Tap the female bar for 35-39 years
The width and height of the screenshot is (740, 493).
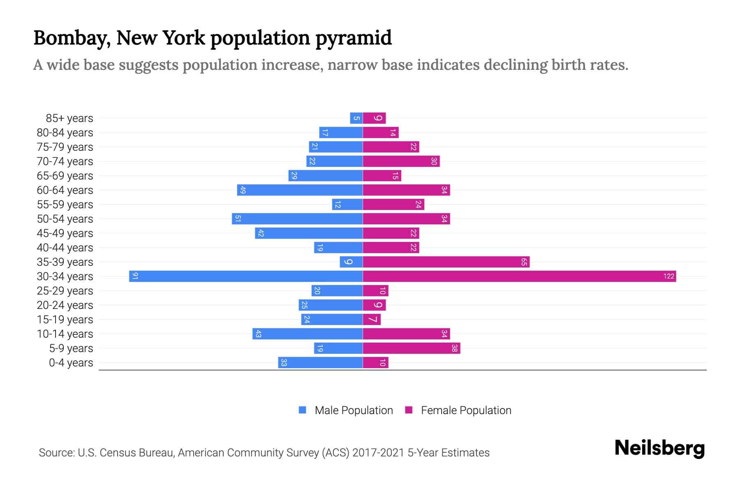pyautogui.click(x=446, y=262)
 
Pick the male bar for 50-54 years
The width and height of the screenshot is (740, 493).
pyautogui.click(x=297, y=219)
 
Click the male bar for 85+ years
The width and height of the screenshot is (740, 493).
pyautogui.click(x=356, y=118)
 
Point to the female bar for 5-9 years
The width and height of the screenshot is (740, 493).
pyautogui.click(x=411, y=348)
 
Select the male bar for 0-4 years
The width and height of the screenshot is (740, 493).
pyautogui.click(x=320, y=362)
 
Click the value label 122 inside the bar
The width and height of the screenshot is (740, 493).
pyautogui.click(x=669, y=276)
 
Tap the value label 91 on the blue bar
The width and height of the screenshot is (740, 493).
pyautogui.click(x=135, y=276)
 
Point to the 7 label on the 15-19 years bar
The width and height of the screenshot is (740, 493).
pyautogui.click(x=373, y=319)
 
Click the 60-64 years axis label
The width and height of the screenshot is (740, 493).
pyautogui.click(x=65, y=190)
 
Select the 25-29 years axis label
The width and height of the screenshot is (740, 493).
pyautogui.click(x=65, y=291)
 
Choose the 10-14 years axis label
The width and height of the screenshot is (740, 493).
pyautogui.click(x=65, y=334)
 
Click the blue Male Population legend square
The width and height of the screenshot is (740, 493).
pyautogui.click(x=303, y=410)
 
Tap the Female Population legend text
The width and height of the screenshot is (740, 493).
pyautogui.click(x=466, y=410)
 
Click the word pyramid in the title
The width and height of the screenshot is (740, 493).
pyautogui.click(x=354, y=38)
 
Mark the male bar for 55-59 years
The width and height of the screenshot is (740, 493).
pyautogui.click(x=347, y=204)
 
